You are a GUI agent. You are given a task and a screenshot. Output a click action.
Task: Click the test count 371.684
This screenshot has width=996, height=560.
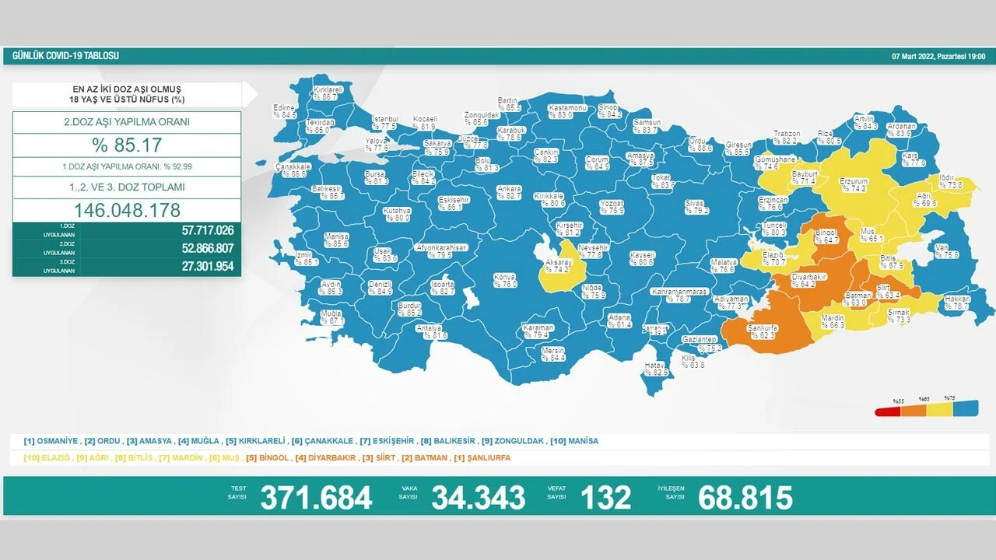pos(316,498)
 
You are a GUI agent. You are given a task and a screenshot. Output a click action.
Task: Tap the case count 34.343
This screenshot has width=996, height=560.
pos(479,498)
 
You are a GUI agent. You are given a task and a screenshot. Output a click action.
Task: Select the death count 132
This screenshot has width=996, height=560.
pos(607,498)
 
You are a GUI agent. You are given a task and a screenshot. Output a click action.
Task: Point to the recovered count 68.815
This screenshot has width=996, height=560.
pos(745,498)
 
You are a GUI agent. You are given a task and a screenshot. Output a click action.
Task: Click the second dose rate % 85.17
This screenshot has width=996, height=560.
pos(127,145)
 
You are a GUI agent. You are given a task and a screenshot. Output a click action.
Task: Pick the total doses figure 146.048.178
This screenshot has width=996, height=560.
pos(127,210)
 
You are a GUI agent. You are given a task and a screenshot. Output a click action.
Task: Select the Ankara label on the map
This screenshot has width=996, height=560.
pos(509,192)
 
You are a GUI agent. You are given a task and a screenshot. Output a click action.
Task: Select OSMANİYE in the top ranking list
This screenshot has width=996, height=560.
pos(51,441)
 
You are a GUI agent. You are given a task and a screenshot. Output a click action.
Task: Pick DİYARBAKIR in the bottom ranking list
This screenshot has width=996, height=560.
pos(325,458)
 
